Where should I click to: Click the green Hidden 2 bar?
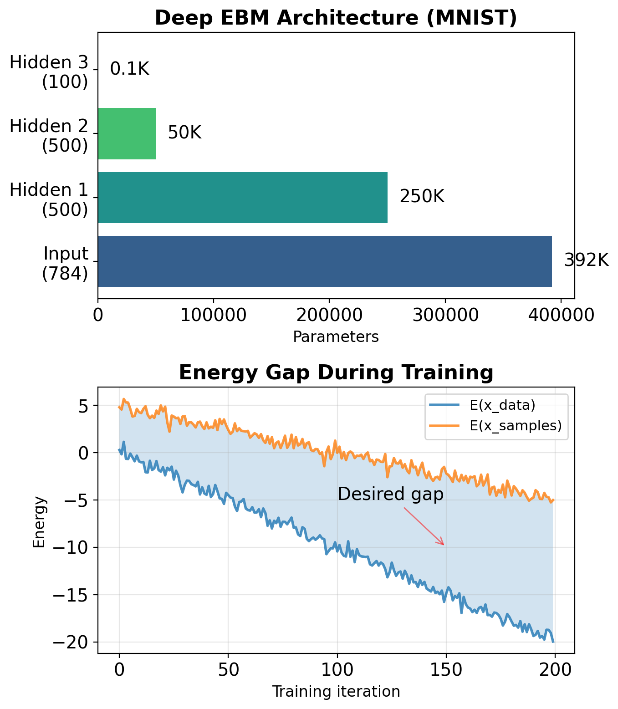[127, 133]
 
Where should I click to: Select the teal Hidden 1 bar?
[243, 198]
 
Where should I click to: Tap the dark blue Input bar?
[325, 261]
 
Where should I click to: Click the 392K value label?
[586, 260]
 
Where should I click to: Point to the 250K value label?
[422, 197]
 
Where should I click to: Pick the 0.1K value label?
[130, 69]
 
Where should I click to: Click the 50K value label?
[184, 133]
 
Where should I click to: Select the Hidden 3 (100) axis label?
[49, 72]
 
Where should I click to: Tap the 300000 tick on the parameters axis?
[445, 315]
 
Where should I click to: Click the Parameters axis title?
[336, 337]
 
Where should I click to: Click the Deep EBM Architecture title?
[336, 18]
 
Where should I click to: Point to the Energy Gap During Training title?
[336, 372]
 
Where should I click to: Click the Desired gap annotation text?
[390, 494]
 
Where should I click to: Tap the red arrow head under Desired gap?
[443, 544]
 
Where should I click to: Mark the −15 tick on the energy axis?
[73, 595]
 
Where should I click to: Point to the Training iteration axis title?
[336, 692]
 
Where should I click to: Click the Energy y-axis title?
[39, 521]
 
